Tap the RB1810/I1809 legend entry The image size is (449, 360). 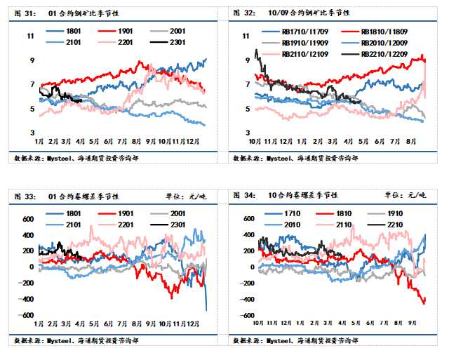click(373, 32)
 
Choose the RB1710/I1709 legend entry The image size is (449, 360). click(290, 32)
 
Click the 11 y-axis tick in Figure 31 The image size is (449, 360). click(29, 36)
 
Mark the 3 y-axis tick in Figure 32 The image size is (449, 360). click(247, 132)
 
